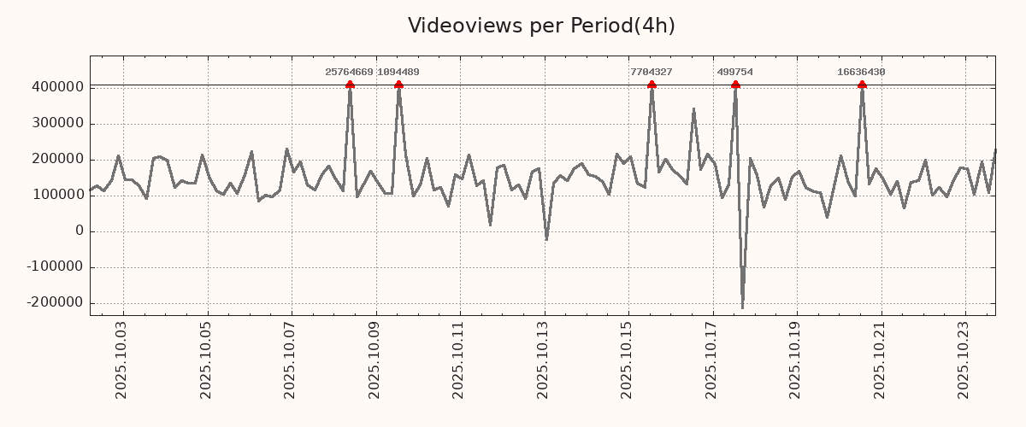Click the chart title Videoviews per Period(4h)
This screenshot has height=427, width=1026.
pyautogui.click(x=541, y=26)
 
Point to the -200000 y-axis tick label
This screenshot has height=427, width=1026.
pyautogui.click(x=54, y=303)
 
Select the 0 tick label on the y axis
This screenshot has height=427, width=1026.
pyautogui.click(x=79, y=231)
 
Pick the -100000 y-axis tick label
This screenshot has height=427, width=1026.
pyautogui.click(x=54, y=267)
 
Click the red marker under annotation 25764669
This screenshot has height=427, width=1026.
pyautogui.click(x=350, y=85)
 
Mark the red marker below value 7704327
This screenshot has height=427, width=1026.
pyautogui.click(x=652, y=85)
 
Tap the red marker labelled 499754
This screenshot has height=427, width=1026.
pyautogui.click(x=735, y=85)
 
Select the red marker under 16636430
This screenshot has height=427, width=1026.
pyautogui.click(x=862, y=85)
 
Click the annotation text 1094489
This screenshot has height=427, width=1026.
pyautogui.click(x=398, y=73)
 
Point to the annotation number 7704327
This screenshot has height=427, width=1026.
pyautogui.click(x=651, y=73)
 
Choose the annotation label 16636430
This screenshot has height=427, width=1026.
pyautogui.click(x=861, y=73)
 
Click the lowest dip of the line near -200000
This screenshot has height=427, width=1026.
pyautogui.click(x=742, y=307)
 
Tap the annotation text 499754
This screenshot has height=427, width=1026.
pyautogui.click(x=735, y=73)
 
